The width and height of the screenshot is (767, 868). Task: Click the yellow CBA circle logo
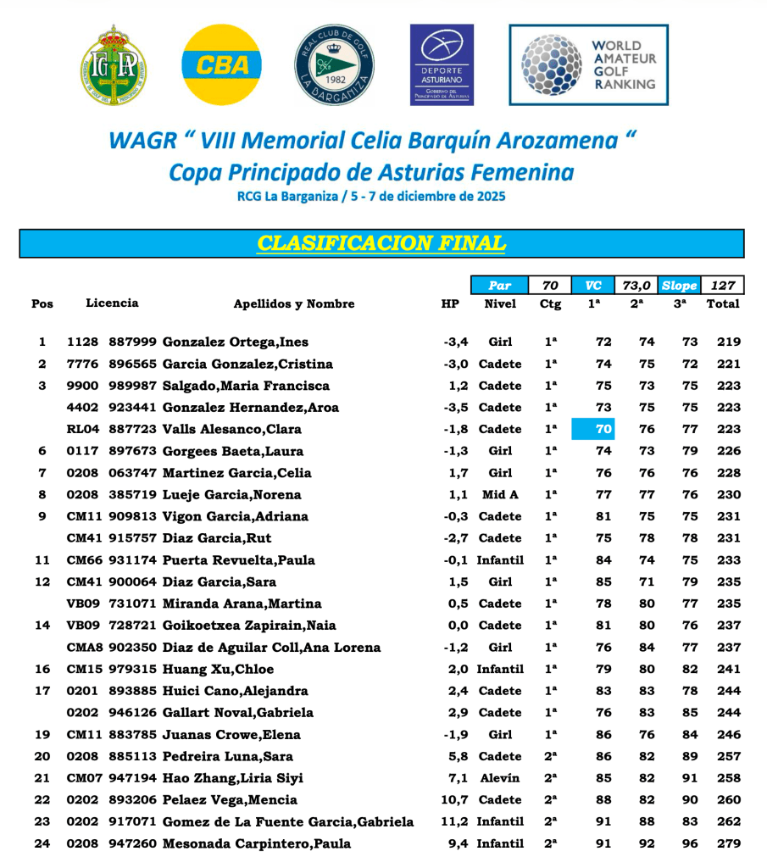click(221, 64)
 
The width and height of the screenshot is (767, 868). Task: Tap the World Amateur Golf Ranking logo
click(588, 64)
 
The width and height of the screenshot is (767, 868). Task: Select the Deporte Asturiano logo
click(442, 64)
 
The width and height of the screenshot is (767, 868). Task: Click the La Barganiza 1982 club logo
click(334, 64)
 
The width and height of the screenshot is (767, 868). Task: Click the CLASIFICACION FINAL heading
click(381, 243)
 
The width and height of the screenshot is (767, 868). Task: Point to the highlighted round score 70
click(603, 429)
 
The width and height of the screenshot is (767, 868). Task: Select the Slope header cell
click(679, 286)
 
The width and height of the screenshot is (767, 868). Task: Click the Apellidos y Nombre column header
click(294, 303)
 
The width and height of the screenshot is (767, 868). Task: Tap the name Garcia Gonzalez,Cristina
click(247, 364)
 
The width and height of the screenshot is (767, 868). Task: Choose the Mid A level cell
click(500, 494)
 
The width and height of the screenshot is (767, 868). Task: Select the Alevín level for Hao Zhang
click(500, 778)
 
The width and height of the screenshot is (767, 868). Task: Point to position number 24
click(42, 843)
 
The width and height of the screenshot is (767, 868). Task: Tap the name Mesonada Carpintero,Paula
click(256, 843)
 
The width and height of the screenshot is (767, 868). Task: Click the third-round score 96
click(690, 843)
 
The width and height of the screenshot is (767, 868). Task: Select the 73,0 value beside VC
click(636, 286)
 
